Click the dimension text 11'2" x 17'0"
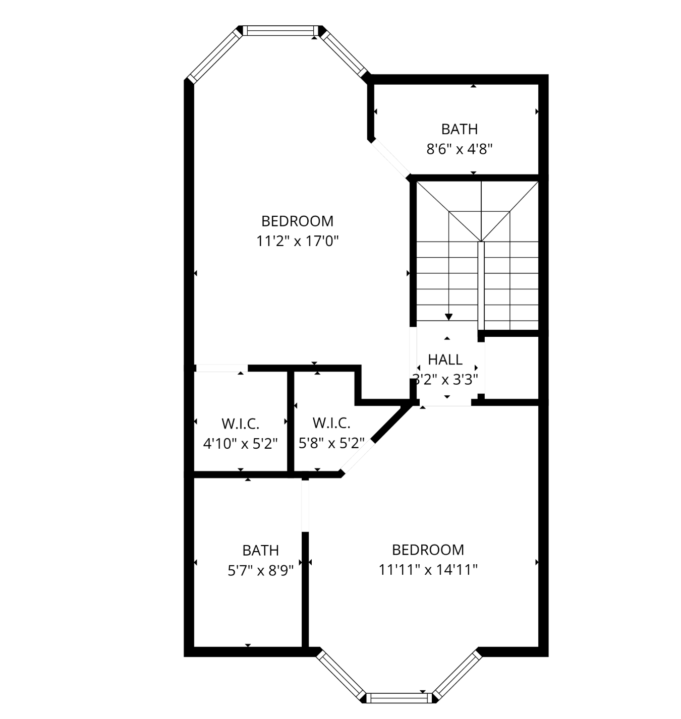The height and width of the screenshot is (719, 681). click(x=297, y=242)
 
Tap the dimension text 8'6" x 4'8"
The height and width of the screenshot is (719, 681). click(x=459, y=149)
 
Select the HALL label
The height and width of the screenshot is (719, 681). click(x=445, y=360)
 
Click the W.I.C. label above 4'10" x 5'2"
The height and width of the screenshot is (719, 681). click(x=241, y=424)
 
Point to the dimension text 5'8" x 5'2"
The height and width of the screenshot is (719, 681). click(x=331, y=443)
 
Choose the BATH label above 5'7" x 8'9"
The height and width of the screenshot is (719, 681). click(x=260, y=551)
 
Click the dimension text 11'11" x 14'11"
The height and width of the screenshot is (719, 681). click(x=428, y=570)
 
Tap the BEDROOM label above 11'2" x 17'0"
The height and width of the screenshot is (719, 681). click(x=297, y=221)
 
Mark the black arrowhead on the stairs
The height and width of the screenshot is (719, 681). click(x=448, y=317)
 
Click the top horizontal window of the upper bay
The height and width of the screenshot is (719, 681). click(x=280, y=31)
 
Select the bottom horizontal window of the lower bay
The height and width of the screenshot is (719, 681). click(x=399, y=698)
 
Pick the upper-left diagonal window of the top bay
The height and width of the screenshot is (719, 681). click(x=214, y=55)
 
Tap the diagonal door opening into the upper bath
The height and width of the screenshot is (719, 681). click(x=390, y=158)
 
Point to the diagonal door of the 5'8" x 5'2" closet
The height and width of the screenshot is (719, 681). click(x=357, y=457)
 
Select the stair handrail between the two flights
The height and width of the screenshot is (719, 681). click(x=481, y=286)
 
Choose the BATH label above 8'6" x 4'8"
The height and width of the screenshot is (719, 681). click(x=459, y=129)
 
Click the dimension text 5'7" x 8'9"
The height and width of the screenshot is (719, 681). click(x=260, y=571)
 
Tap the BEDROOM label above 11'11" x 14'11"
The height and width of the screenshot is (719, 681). click(x=428, y=550)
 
